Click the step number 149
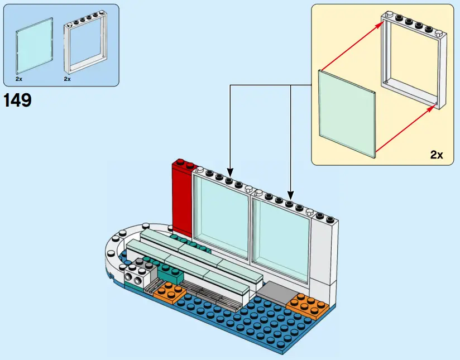(x=18, y=100)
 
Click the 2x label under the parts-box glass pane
(x=20, y=79)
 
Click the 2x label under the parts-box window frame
(x=67, y=79)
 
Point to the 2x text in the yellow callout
(x=436, y=155)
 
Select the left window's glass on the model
(x=221, y=220)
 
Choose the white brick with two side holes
(x=135, y=276)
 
